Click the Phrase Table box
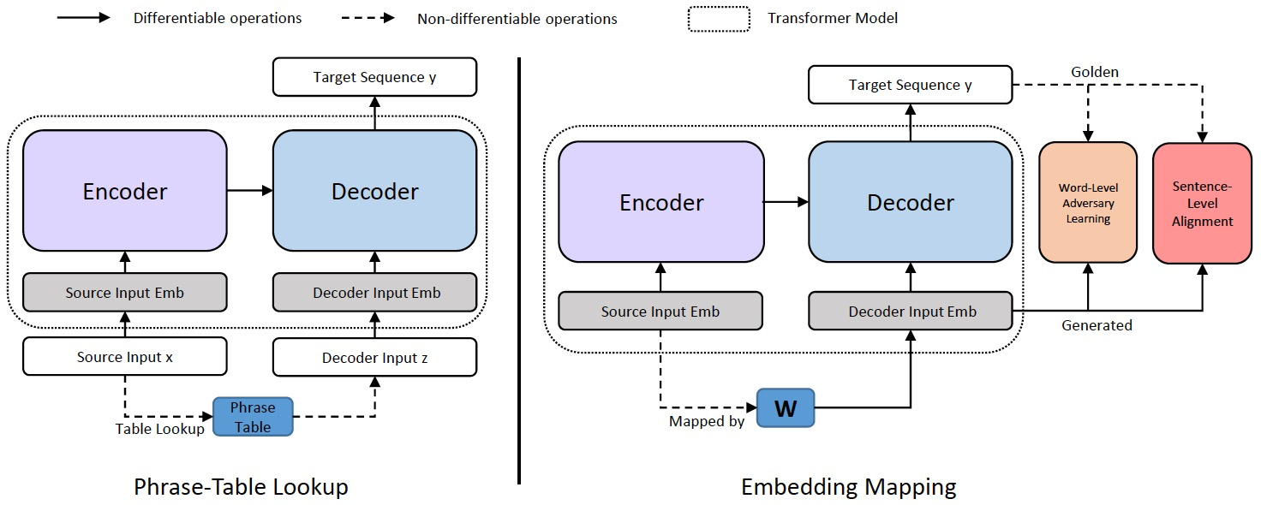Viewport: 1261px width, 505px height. [x=253, y=417]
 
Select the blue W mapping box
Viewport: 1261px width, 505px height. [x=786, y=408]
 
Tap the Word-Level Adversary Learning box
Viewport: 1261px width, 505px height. [x=1088, y=203]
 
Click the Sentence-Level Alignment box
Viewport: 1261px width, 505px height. [x=1202, y=203]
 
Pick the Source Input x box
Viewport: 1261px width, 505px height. [x=125, y=357]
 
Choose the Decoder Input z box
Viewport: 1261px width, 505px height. [x=374, y=357]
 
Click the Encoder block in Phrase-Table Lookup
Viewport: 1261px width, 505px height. [x=125, y=191]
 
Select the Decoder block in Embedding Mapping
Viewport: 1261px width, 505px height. [x=910, y=202]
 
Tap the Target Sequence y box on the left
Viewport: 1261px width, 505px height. [x=374, y=78]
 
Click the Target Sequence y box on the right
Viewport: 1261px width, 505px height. [x=910, y=85]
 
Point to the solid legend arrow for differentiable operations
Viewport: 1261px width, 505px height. [x=83, y=18]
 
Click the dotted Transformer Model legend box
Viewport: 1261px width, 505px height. [x=718, y=19]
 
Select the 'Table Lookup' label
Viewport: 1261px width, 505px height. [x=160, y=429]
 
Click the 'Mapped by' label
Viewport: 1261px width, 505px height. [x=707, y=421]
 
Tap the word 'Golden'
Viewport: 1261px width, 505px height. [x=1095, y=72]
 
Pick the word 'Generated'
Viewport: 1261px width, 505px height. [x=1097, y=325]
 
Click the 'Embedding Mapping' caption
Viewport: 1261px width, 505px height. [x=848, y=487]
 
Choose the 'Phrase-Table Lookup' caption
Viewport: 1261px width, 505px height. [x=241, y=487]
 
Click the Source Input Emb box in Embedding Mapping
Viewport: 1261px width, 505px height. [x=660, y=312]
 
